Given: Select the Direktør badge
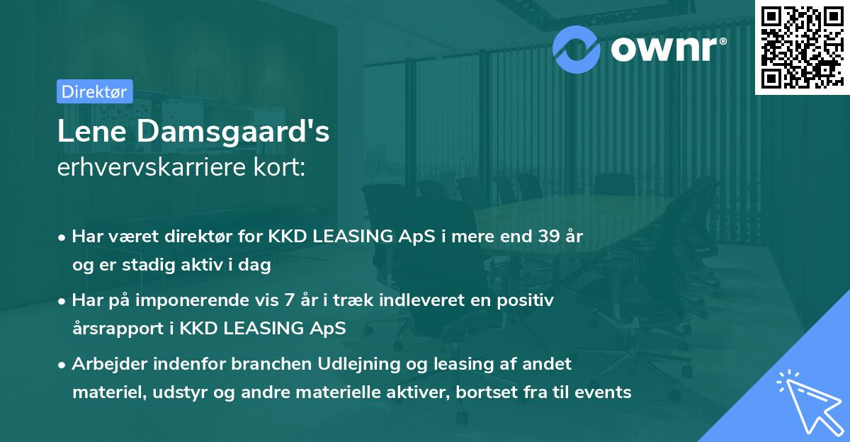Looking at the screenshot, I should click(x=94, y=91).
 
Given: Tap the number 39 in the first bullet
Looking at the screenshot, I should click(x=545, y=237).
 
